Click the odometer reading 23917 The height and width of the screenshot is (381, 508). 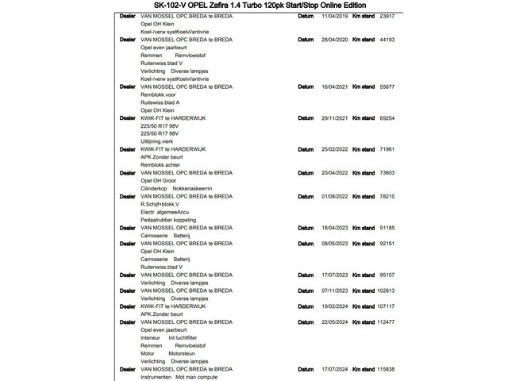[387, 16]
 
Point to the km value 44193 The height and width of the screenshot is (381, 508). [387, 39]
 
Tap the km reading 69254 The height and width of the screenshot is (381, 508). [387, 117]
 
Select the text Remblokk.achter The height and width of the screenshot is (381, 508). [162, 164]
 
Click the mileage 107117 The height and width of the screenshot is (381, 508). [386, 306]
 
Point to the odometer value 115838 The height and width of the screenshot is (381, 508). [386, 369]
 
